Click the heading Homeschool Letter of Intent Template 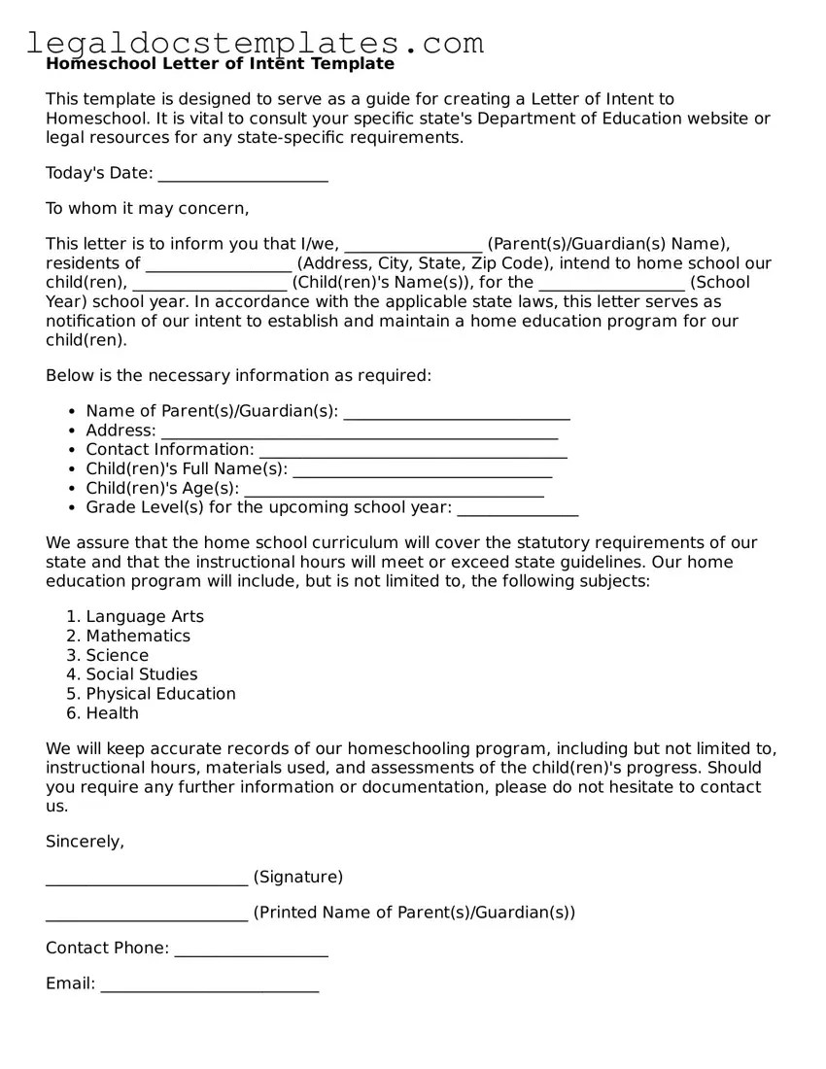pyautogui.click(x=220, y=64)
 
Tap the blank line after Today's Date pyautogui.click(x=242, y=176)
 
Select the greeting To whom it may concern pyautogui.click(x=148, y=208)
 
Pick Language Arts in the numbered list pyautogui.click(x=145, y=617)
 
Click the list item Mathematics pyautogui.click(x=138, y=637)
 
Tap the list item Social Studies pyautogui.click(x=141, y=674)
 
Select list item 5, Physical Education pyautogui.click(x=160, y=694)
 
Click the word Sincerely pyautogui.click(x=85, y=843)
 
